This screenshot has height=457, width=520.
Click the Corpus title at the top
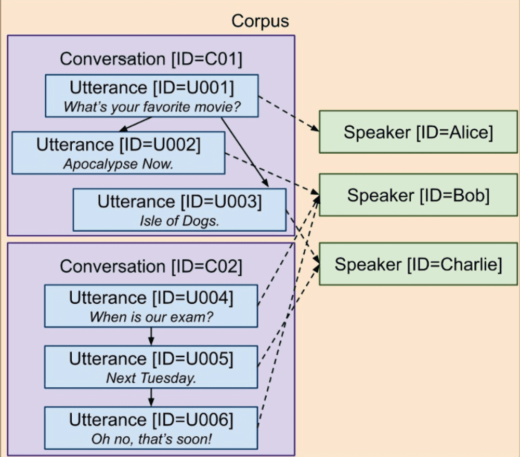click(x=260, y=21)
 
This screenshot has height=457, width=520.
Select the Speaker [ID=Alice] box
click(x=418, y=132)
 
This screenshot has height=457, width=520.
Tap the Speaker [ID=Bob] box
click(x=418, y=195)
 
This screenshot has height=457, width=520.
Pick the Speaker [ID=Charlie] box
click(x=418, y=264)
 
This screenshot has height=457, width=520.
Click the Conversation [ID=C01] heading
click(x=151, y=59)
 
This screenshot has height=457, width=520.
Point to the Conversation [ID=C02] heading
click(x=151, y=266)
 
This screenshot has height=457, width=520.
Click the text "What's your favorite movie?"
click(x=151, y=107)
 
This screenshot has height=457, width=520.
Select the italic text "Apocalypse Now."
click(x=118, y=164)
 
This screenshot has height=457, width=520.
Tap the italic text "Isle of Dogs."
click(x=179, y=221)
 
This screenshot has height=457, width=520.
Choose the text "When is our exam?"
click(x=151, y=317)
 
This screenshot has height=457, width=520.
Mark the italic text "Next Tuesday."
click(x=151, y=378)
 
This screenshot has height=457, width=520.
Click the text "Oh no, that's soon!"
click(x=151, y=439)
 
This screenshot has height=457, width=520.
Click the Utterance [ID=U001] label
click(x=151, y=87)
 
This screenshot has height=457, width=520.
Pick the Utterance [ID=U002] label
click(x=118, y=144)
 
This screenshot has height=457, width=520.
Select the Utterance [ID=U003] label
click(x=179, y=201)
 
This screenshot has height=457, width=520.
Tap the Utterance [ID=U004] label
click(x=151, y=298)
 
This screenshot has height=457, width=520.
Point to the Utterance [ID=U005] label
click(x=151, y=359)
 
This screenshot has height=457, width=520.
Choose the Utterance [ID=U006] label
click(x=151, y=419)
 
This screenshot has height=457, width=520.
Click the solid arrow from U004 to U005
click(x=151, y=337)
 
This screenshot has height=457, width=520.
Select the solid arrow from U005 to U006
click(x=151, y=397)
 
